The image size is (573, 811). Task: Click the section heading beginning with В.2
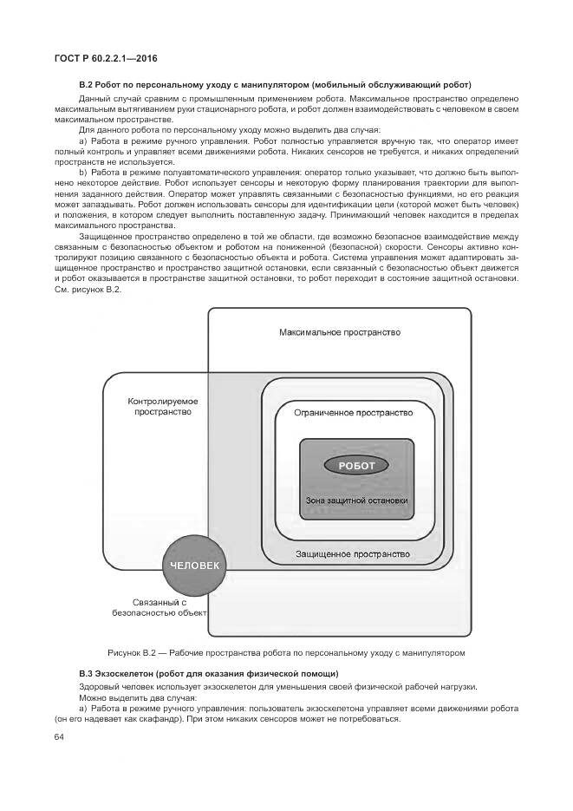(275, 85)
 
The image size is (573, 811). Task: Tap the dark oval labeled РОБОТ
(356, 466)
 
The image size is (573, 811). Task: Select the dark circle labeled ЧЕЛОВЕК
(195, 565)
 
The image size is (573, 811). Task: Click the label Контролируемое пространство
(163, 407)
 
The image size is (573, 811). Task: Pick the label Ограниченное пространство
(353, 414)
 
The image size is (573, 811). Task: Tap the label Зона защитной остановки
(356, 500)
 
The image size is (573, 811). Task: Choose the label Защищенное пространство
(353, 553)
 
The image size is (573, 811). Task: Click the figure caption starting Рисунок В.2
(286, 651)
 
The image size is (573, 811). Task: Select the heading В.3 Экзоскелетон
(208, 674)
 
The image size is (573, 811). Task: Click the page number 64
(59, 737)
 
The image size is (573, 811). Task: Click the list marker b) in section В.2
(83, 172)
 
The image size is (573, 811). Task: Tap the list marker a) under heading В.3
(83, 709)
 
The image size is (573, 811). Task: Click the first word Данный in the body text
(94, 100)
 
